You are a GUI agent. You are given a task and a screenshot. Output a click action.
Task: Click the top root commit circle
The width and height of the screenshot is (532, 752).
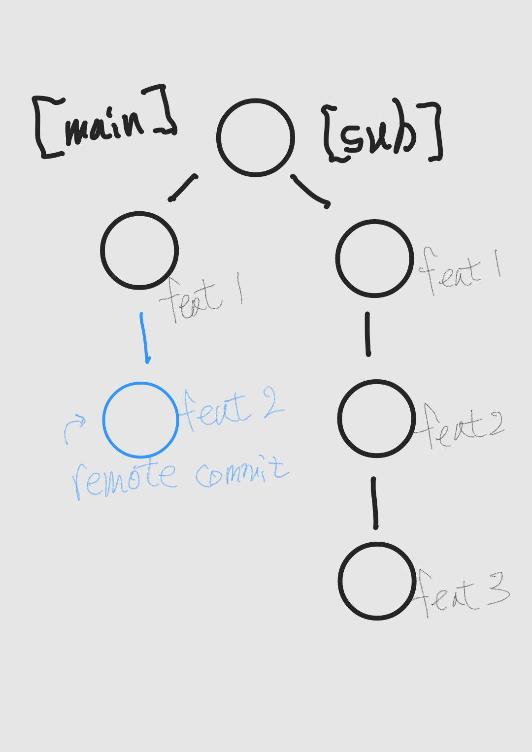click(255, 137)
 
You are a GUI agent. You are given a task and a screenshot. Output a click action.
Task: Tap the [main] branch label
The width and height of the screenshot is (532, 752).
click(104, 123)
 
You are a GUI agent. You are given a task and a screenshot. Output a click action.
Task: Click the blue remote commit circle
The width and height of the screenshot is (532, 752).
click(140, 420)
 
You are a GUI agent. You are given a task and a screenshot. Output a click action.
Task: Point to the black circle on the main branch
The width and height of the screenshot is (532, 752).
click(139, 250)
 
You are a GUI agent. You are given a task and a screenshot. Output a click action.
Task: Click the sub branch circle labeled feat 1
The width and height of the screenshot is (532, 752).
click(374, 259)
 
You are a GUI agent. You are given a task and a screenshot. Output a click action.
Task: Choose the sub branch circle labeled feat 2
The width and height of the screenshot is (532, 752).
click(376, 419)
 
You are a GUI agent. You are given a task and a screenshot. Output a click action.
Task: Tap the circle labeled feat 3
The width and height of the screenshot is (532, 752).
click(377, 581)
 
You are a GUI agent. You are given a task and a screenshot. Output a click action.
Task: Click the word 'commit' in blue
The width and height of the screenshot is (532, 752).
click(241, 473)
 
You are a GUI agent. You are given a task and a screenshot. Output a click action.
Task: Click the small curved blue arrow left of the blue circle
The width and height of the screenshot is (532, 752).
click(73, 428)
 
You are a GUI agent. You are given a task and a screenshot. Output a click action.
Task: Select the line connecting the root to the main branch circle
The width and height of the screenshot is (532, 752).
click(183, 188)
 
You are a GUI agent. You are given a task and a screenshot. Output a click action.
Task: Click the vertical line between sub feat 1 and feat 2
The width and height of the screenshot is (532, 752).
click(368, 334)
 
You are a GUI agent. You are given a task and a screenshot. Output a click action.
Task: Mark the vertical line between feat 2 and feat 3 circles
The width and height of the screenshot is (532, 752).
click(375, 503)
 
